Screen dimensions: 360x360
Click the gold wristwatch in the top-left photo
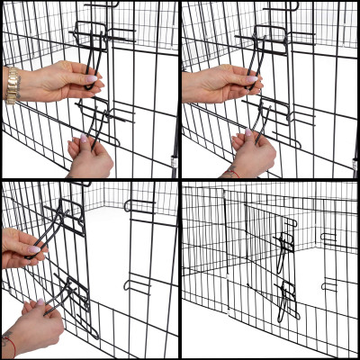click(11, 85)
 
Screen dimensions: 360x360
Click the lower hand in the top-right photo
click(253, 155)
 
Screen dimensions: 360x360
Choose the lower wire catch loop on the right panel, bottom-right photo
click(329, 285)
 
